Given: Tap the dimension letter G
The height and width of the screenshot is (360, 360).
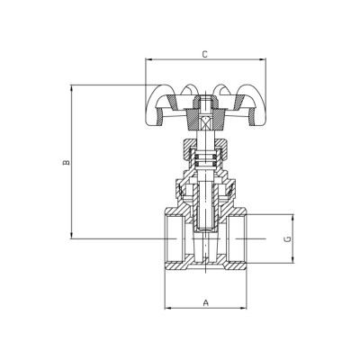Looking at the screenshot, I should (x=285, y=239).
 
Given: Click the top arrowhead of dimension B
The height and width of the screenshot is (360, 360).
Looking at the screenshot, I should (x=72, y=88).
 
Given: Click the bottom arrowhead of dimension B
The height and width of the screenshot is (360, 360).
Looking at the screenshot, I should (x=72, y=236).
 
